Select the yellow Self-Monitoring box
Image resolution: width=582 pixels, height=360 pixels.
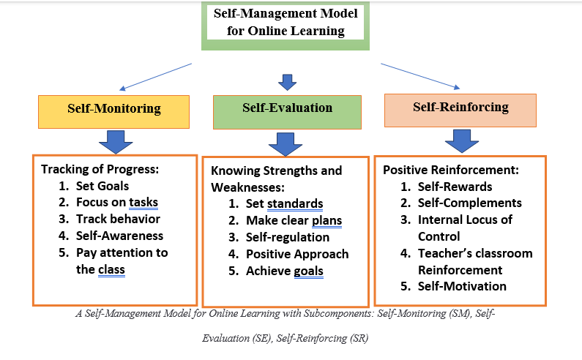click(113, 109)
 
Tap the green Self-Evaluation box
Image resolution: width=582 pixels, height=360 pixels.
click(287, 108)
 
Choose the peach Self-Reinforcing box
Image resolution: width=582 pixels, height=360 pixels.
click(460, 108)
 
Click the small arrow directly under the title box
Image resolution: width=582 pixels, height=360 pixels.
click(287, 80)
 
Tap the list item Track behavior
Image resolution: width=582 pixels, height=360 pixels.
click(118, 219)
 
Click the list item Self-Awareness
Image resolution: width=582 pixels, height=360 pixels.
click(119, 236)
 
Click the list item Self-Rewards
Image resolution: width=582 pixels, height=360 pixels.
click(455, 187)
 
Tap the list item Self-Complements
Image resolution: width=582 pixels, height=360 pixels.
click(469, 203)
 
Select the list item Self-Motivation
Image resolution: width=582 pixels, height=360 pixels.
click(462, 286)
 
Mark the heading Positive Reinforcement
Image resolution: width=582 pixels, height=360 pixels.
click(451, 170)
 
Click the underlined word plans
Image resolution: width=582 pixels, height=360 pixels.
click(327, 220)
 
